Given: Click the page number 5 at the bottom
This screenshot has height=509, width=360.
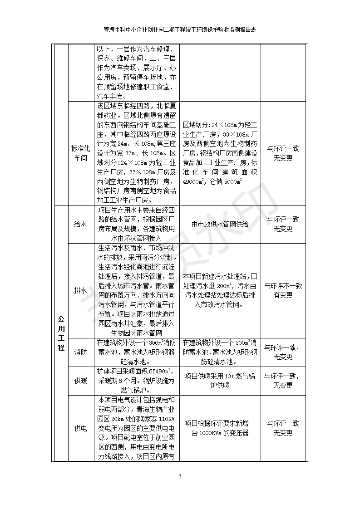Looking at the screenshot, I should tap(180, 476).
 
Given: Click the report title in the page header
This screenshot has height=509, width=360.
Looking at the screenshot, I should tap(180, 30).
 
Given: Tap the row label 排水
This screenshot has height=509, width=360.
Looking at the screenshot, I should tap(80, 290).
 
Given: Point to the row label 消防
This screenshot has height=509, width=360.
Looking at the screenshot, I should tap(80, 352).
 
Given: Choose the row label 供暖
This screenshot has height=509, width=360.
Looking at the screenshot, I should tap(80, 381).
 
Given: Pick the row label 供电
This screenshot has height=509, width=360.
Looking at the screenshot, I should tap(80, 428).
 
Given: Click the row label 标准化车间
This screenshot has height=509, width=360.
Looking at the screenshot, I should tap(80, 153).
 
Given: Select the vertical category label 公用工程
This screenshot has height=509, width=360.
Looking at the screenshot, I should tap(61, 333).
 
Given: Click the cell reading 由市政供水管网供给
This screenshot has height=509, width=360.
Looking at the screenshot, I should tap(220, 224).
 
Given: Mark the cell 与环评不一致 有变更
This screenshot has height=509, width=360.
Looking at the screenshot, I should tap(283, 290).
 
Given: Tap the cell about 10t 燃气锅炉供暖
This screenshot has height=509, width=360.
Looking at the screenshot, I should tap(220, 381).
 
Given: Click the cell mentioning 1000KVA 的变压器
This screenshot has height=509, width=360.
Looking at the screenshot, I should tap(220, 428).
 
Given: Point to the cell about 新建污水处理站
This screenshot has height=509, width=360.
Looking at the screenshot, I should tap(220, 290).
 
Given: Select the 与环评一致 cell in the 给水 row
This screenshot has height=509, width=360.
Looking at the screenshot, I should tap(283, 224).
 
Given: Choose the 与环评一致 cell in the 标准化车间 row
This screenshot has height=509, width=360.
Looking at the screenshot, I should tap(283, 153).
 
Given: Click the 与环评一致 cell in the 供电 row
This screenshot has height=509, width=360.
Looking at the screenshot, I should tap(283, 428).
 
